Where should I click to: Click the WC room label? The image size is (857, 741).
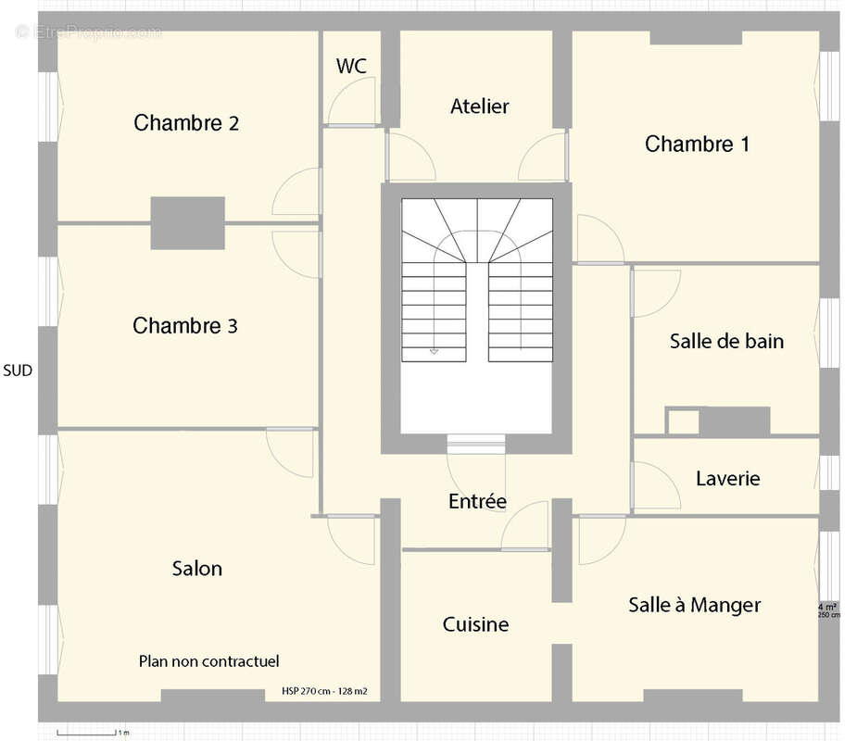pos(351,66)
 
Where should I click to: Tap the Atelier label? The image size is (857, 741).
pos(479,107)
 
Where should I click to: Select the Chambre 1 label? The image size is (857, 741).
pos(697,144)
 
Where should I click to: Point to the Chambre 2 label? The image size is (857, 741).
pos(186,122)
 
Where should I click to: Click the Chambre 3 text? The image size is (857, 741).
pos(185,326)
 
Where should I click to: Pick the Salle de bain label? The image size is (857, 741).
pos(726,341)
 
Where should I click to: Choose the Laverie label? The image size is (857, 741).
pos(727,478)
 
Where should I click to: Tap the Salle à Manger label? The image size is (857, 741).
pos(694,605)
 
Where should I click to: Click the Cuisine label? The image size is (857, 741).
pos(475,624)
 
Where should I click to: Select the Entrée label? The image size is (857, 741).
pos(477,501)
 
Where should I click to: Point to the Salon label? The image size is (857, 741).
pos(196,568)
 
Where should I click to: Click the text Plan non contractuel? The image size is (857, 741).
pos(208,661)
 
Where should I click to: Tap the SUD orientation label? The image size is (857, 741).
pos(18,370)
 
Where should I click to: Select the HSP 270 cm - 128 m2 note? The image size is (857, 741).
pos(324,692)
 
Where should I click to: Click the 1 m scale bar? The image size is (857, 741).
pos(88,733)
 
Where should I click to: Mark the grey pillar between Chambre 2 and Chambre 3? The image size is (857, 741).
pos(188,222)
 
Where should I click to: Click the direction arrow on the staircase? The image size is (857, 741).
pos(434,352)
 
